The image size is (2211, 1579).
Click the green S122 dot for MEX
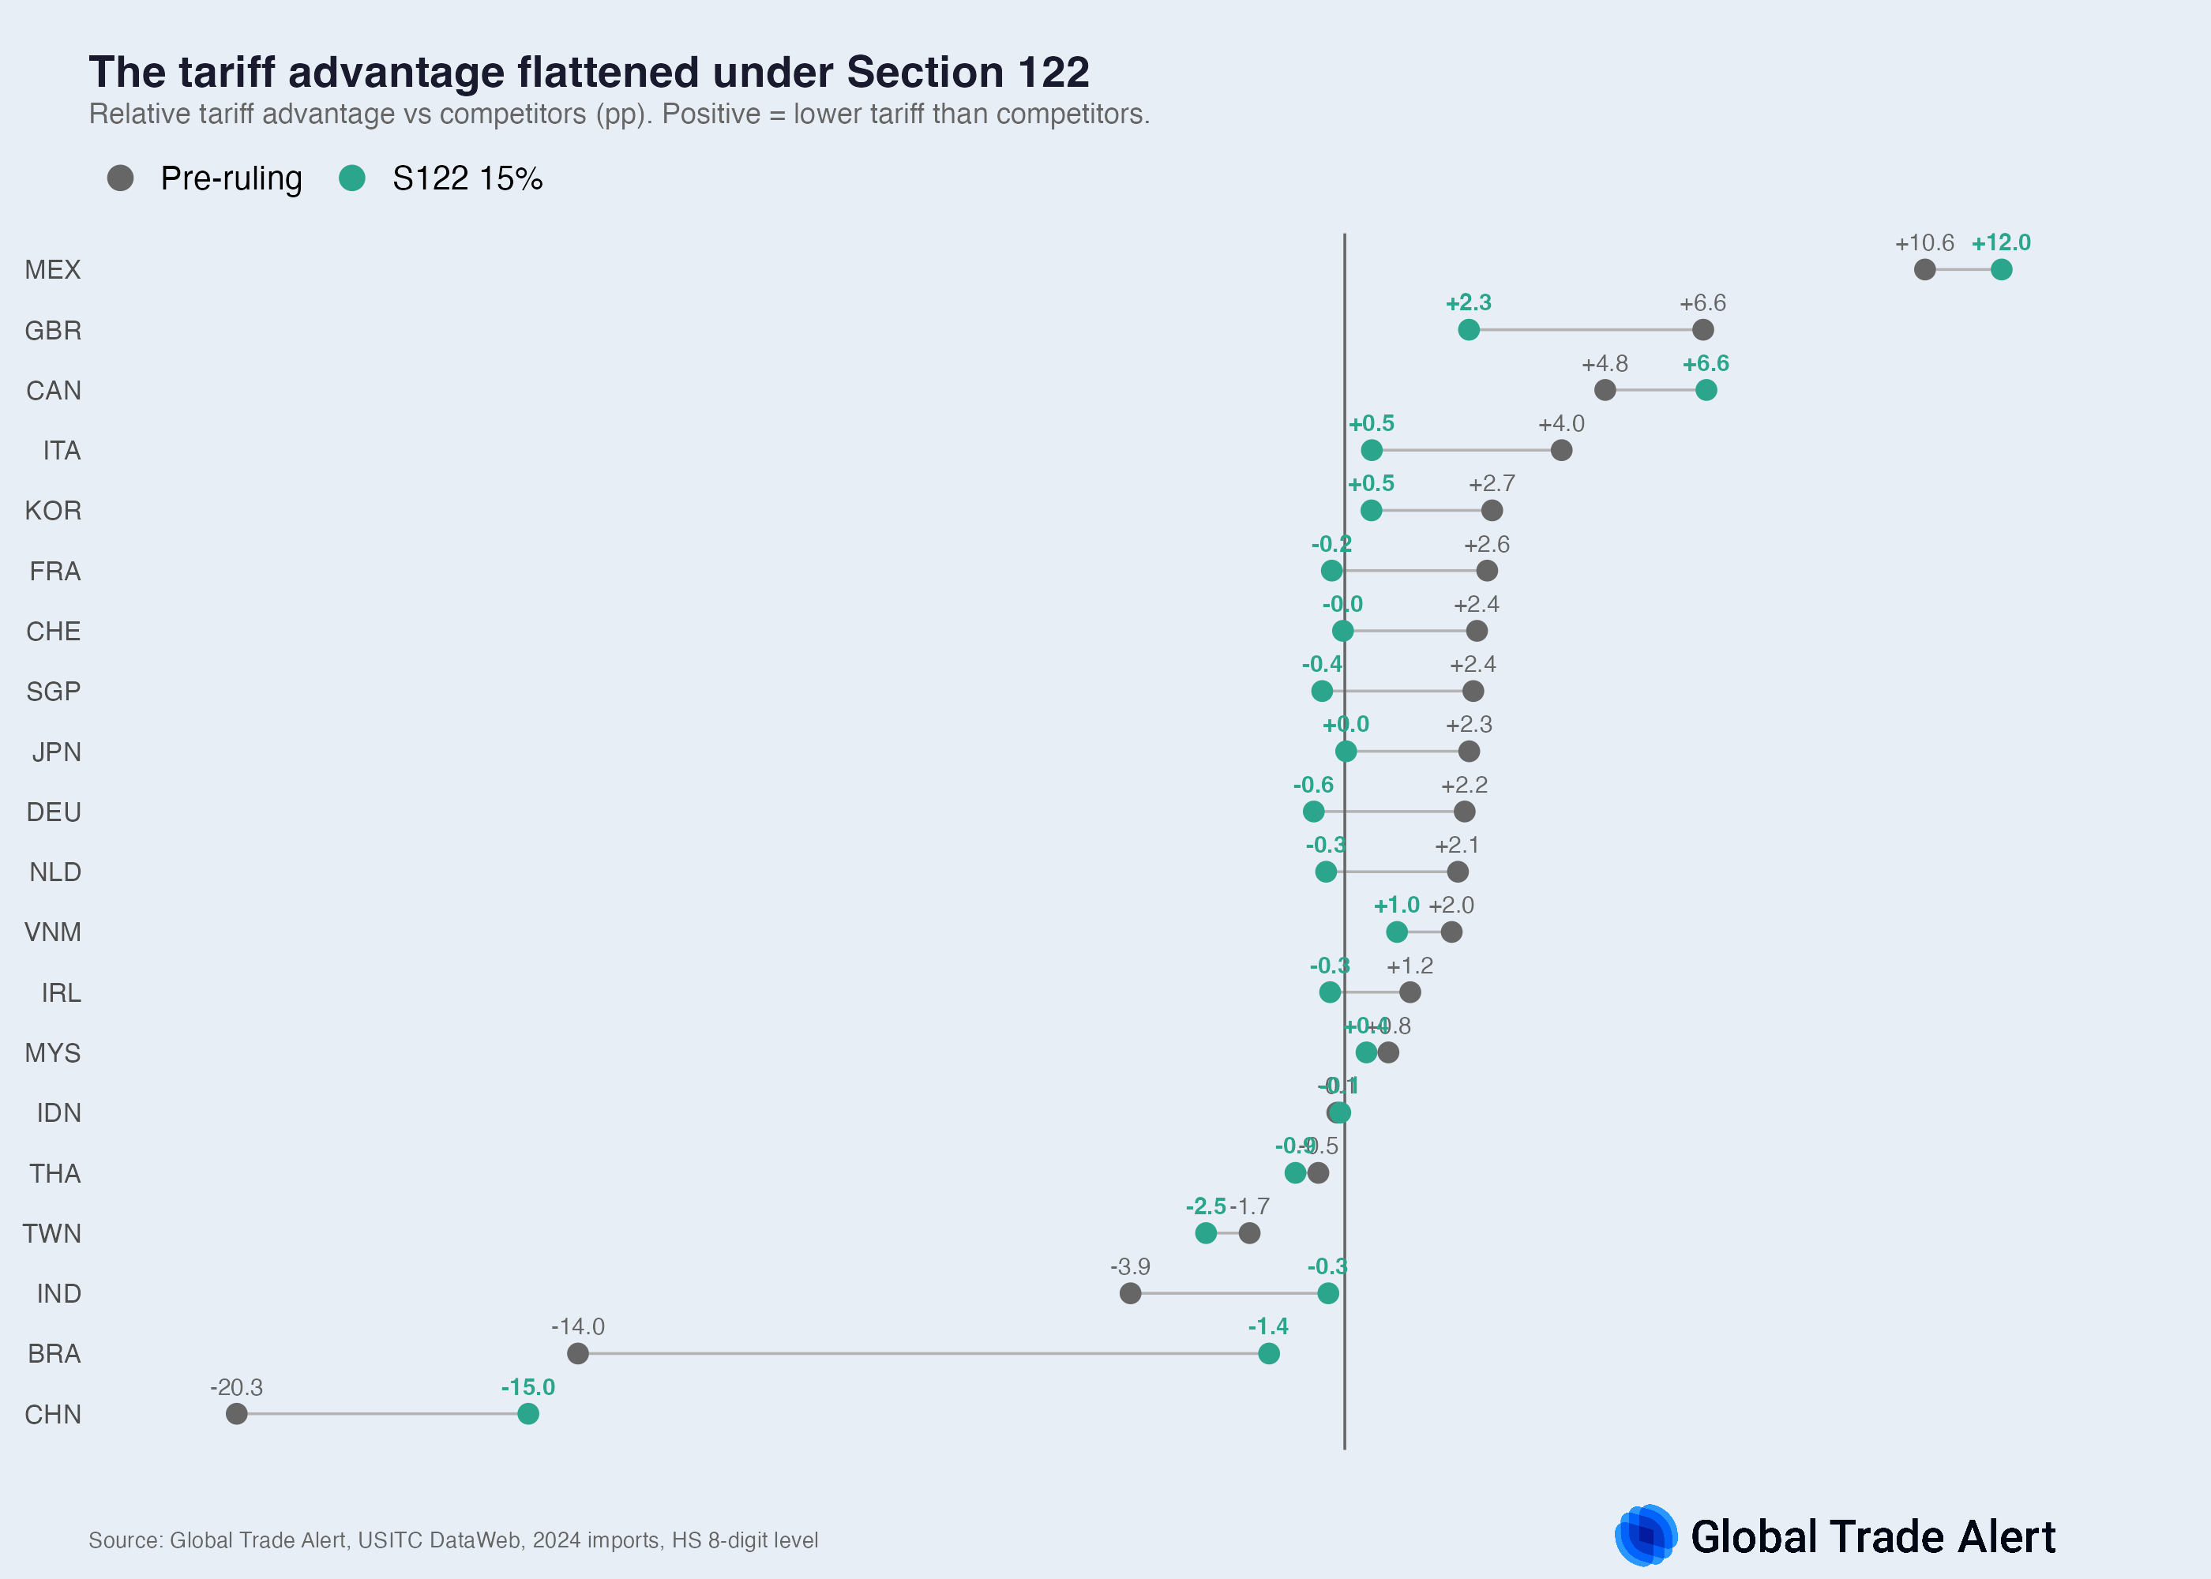[2000, 269]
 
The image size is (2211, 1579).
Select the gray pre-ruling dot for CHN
[236, 1414]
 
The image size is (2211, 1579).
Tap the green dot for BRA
[1268, 1353]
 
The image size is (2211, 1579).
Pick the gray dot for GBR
[1702, 329]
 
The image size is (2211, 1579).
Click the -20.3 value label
[236, 1387]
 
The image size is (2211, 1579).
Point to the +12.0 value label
[2000, 243]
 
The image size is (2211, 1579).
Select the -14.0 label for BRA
[577, 1327]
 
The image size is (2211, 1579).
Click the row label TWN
[52, 1234]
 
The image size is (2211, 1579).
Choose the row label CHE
[54, 632]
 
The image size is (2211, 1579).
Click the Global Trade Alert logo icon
[1645, 1536]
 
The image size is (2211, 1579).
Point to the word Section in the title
[925, 73]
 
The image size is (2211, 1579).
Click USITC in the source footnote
[392, 1540]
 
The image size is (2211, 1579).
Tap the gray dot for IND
[1129, 1293]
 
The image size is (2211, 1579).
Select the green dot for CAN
[1706, 390]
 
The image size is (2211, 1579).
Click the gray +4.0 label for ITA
[1560, 424]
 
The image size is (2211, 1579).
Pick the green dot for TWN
[1206, 1233]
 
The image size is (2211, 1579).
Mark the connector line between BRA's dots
[924, 1353]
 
